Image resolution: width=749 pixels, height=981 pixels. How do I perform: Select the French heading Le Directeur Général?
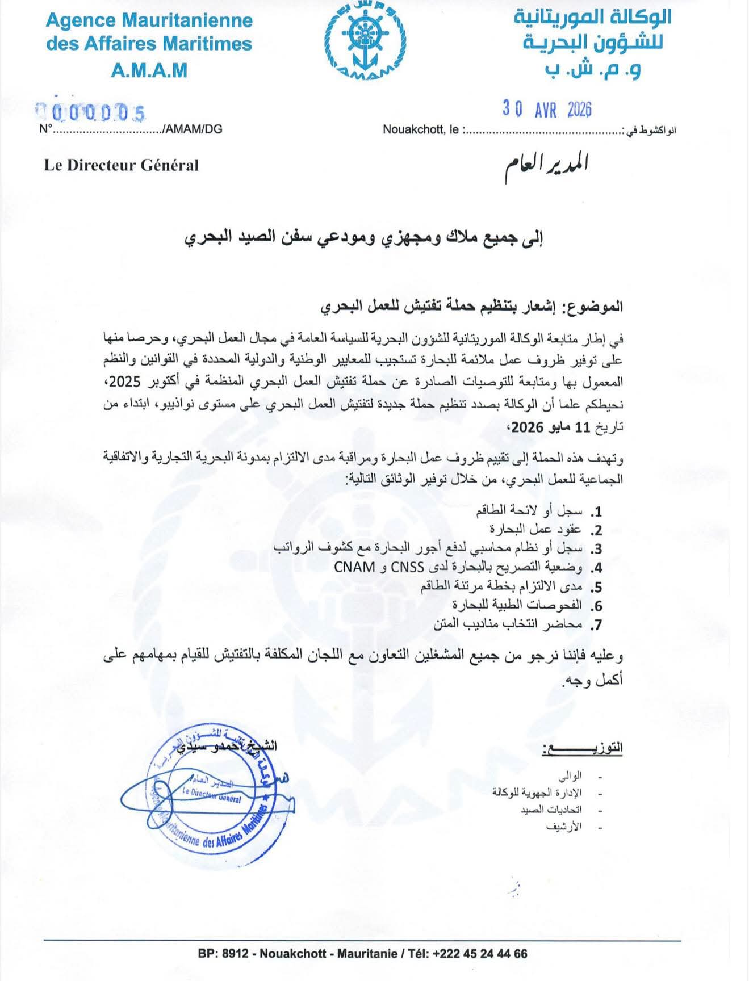[x=122, y=165]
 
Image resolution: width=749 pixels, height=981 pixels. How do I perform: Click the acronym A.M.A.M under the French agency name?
[x=149, y=70]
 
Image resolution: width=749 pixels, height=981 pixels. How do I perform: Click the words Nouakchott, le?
[x=421, y=130]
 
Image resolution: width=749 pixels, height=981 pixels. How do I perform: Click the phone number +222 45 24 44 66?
[x=479, y=954]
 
